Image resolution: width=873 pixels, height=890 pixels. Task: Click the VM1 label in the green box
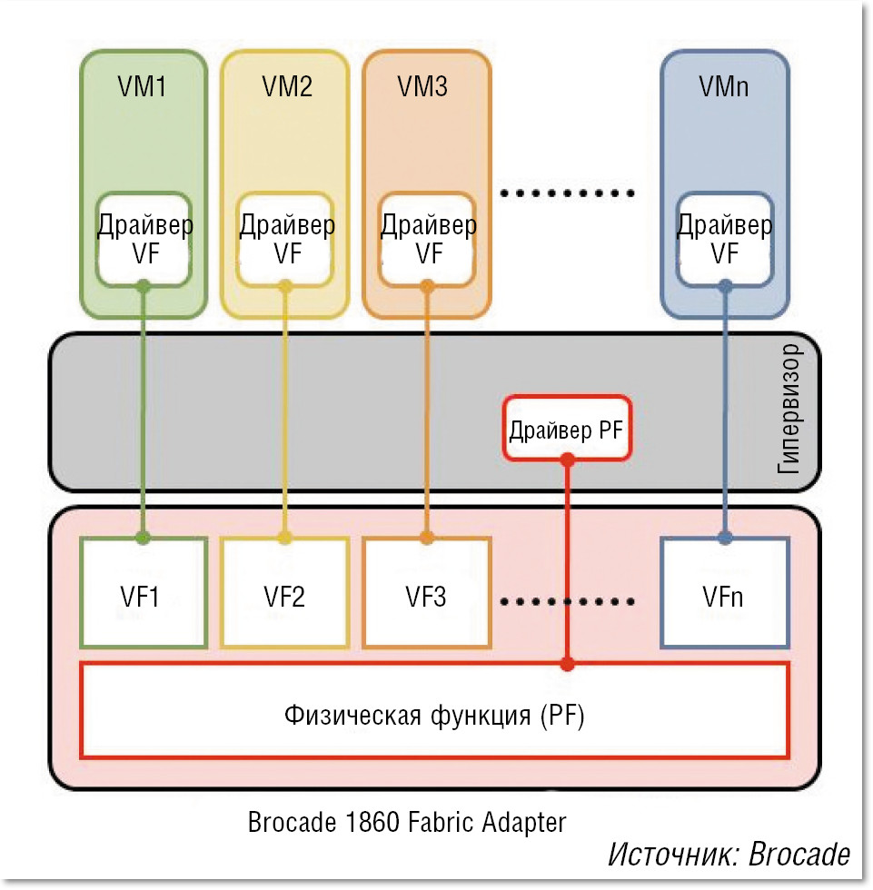(x=143, y=87)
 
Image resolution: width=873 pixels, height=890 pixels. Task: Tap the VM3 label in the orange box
(x=422, y=87)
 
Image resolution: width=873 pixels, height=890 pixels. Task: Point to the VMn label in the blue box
(x=724, y=87)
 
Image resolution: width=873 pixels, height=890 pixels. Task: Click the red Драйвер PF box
(x=567, y=429)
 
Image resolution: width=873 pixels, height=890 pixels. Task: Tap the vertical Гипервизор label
(x=791, y=410)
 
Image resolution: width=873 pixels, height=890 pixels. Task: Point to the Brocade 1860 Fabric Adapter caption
(x=407, y=823)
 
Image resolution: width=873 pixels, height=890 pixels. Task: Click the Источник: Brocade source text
(x=729, y=855)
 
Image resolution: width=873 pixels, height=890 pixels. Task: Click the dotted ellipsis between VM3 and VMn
(x=567, y=193)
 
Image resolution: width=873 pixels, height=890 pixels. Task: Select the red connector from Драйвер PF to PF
(x=568, y=563)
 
